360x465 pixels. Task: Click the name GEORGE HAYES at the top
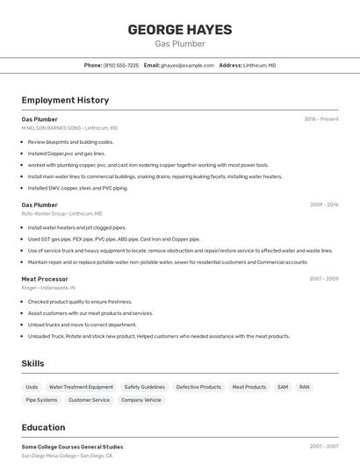[x=180, y=30]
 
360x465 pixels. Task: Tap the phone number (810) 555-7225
[x=121, y=66]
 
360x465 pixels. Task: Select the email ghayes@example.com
[x=187, y=66]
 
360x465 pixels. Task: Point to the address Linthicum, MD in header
[x=259, y=66]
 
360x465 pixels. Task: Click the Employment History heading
[x=65, y=100]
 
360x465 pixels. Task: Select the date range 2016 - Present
[x=320, y=119]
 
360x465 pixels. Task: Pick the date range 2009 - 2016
[x=324, y=205]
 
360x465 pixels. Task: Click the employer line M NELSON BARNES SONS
[x=69, y=128]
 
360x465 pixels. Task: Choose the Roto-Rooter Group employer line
[x=61, y=214]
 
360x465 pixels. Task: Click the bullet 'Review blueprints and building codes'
[x=70, y=142]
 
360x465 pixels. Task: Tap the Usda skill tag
[x=32, y=387]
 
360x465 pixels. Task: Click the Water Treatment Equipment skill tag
[x=81, y=387]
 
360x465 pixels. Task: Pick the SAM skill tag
[x=283, y=387]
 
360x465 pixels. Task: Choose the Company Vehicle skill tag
[x=140, y=400]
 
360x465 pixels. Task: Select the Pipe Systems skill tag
[x=41, y=400]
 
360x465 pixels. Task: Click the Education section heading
[x=44, y=428]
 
